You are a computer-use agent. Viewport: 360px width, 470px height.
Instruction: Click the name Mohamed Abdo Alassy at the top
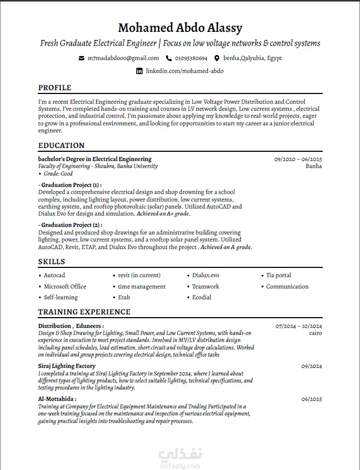point(180,28)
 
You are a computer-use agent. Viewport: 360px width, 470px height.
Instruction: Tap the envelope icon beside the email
point(81,58)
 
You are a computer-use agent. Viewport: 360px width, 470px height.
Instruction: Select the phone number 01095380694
point(191,58)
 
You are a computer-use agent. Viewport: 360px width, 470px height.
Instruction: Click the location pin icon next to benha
point(217,58)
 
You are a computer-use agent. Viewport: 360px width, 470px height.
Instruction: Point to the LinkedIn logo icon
point(139,71)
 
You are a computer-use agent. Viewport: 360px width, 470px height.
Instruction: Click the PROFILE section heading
point(55,88)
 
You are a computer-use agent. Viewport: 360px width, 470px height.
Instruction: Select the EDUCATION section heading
point(62,145)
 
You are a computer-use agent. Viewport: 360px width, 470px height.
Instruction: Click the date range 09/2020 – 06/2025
point(298,159)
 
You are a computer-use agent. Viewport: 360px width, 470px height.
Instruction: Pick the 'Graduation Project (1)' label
point(70,185)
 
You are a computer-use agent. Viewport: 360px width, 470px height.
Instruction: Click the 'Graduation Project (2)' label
point(70,225)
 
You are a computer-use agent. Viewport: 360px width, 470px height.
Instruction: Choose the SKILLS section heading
point(52,262)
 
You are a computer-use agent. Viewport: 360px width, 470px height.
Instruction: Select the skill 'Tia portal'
point(279,276)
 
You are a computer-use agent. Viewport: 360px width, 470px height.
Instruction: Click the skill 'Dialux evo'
point(206,276)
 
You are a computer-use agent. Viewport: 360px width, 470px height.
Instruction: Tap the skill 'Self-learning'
point(60,297)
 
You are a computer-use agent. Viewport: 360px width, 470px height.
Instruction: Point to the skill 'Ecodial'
point(202,297)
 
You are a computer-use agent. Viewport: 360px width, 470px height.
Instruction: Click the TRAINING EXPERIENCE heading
point(84,312)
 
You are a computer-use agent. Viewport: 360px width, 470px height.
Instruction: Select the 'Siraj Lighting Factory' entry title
point(67,366)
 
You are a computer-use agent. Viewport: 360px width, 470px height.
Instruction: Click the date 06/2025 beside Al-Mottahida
point(311,399)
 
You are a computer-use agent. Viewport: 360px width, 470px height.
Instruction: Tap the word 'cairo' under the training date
point(315,333)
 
